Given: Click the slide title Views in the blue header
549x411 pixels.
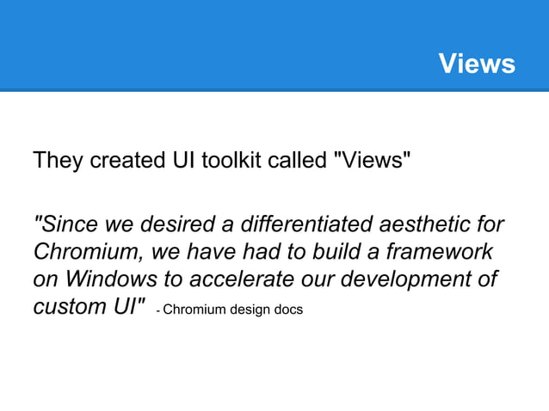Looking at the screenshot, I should pyautogui.click(x=476, y=64).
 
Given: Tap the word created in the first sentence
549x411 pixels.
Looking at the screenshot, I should pyautogui.click(x=122, y=161).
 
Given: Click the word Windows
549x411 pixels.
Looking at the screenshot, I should pyautogui.click(x=113, y=281).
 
